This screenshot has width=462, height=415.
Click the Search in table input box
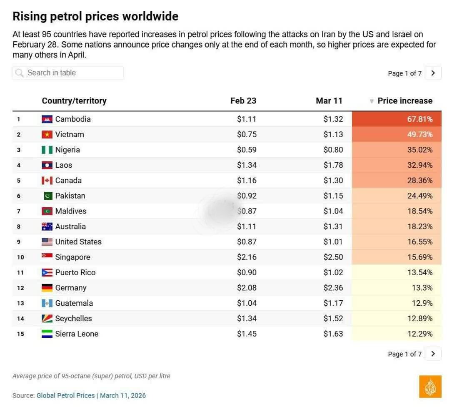point(68,73)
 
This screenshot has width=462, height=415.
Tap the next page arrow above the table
point(433,73)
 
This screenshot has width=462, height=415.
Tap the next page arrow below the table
point(433,354)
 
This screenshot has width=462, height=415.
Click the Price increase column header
point(405,101)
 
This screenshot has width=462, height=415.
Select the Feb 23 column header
point(243,101)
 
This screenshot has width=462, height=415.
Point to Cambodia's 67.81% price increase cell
point(397,119)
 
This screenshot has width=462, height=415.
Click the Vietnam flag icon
point(47,134)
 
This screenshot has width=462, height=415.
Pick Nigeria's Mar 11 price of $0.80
point(333,150)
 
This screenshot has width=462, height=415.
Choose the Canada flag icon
point(47,181)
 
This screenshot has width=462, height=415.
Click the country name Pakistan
point(70,196)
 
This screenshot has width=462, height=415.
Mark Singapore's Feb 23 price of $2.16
point(247,257)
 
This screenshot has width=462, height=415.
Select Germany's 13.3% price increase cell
point(397,288)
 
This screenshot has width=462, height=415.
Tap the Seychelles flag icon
point(47,319)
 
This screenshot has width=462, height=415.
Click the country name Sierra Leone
point(77,334)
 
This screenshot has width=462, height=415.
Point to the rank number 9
point(19,242)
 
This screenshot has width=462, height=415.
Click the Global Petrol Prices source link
point(66,395)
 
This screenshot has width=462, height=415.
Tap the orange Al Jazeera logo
point(430,387)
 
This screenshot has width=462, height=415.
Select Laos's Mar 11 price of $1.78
point(333,165)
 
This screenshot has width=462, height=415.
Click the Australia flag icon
point(47,226)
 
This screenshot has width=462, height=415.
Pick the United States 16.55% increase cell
point(397,242)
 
